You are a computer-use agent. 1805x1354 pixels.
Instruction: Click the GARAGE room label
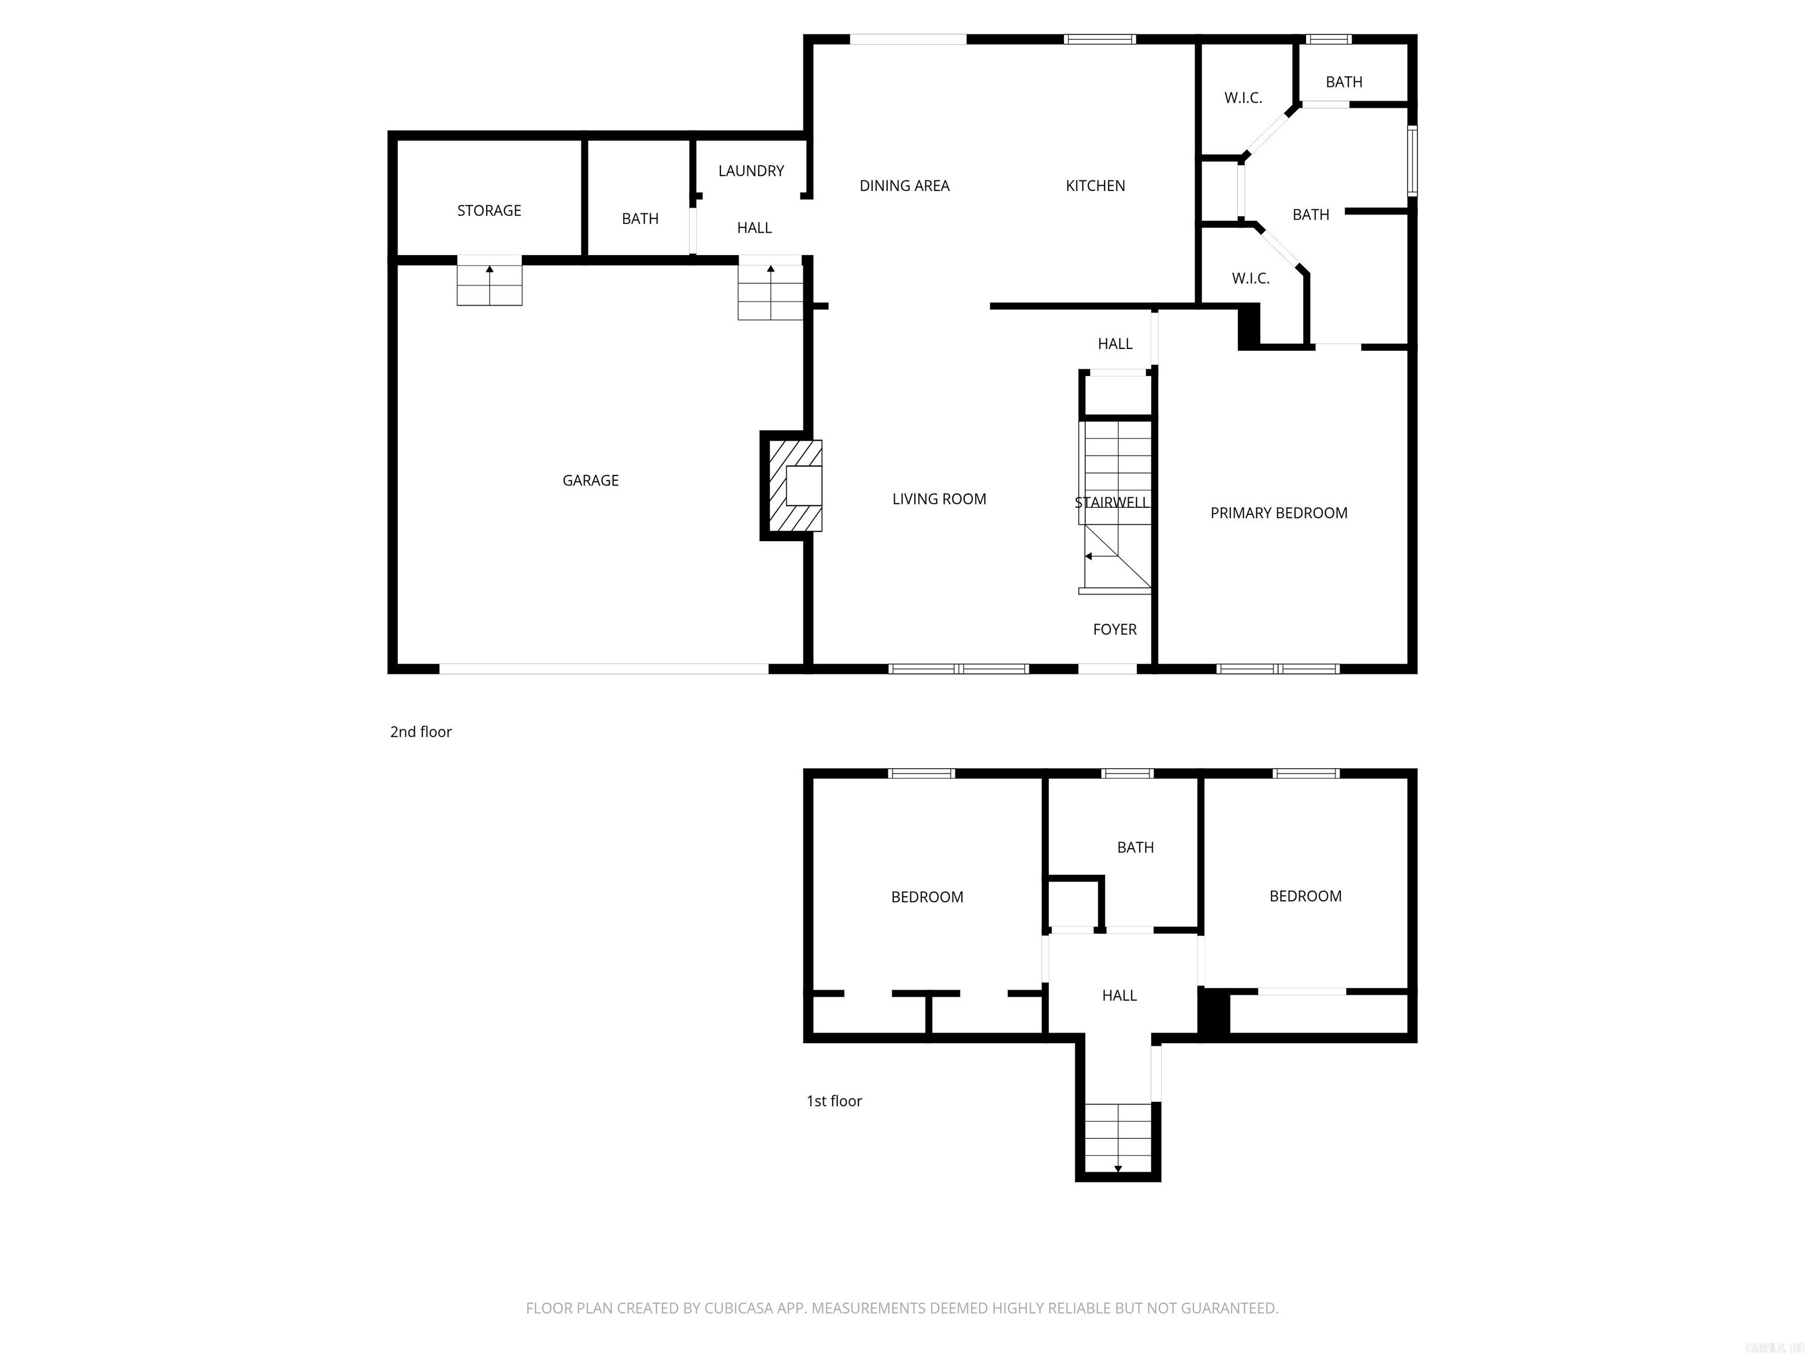pos(590,481)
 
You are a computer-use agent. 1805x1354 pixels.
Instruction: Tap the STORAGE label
pos(489,210)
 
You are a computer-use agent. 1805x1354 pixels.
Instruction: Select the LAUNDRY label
pos(751,170)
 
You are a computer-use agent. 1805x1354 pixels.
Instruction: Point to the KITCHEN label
pos(1095,186)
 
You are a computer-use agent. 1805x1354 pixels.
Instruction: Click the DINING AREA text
pos(904,186)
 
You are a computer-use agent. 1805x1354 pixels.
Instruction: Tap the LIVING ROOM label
pos(938,499)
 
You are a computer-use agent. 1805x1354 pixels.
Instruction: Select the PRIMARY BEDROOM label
pos(1279,512)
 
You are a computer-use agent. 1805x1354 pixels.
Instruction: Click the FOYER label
pos(1115,629)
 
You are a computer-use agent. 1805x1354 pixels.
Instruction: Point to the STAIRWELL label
pos(1112,502)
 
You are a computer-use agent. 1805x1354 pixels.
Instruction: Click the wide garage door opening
pos(604,668)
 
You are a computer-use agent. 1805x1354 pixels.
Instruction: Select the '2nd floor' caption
pos(420,732)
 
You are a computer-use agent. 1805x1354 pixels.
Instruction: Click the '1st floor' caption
pos(834,1101)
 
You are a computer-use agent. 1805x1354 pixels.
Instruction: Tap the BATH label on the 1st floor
pos(1135,847)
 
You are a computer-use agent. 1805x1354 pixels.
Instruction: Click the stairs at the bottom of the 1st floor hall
pos(1117,1138)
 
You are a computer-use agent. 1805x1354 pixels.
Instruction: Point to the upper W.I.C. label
pos(1243,98)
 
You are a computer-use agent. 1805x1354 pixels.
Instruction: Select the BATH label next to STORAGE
pos(640,219)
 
